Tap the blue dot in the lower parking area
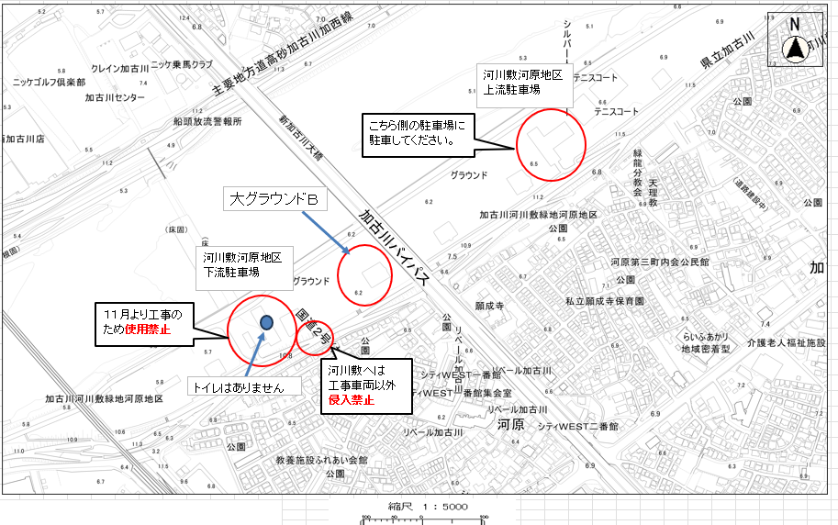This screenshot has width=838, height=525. click(266, 322)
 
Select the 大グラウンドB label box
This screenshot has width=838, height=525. click(274, 199)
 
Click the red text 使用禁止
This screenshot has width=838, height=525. click(148, 329)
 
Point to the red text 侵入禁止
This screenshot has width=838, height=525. click(352, 400)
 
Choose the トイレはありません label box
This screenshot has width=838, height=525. click(244, 387)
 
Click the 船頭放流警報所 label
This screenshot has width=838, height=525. click(207, 120)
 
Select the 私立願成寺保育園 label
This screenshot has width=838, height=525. click(605, 300)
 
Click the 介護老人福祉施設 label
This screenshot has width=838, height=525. click(787, 343)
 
